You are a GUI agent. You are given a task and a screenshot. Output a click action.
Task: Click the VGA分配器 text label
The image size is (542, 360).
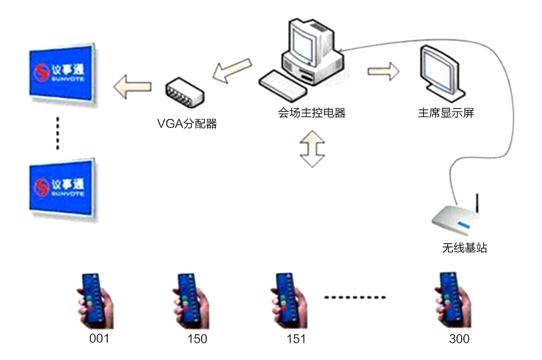(x=186, y=124)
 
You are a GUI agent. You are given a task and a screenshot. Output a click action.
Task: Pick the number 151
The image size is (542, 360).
(x=295, y=339)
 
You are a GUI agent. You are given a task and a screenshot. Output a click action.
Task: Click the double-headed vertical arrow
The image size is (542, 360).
(x=312, y=147)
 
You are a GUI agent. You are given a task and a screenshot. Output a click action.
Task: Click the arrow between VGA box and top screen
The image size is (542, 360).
(x=132, y=87)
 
